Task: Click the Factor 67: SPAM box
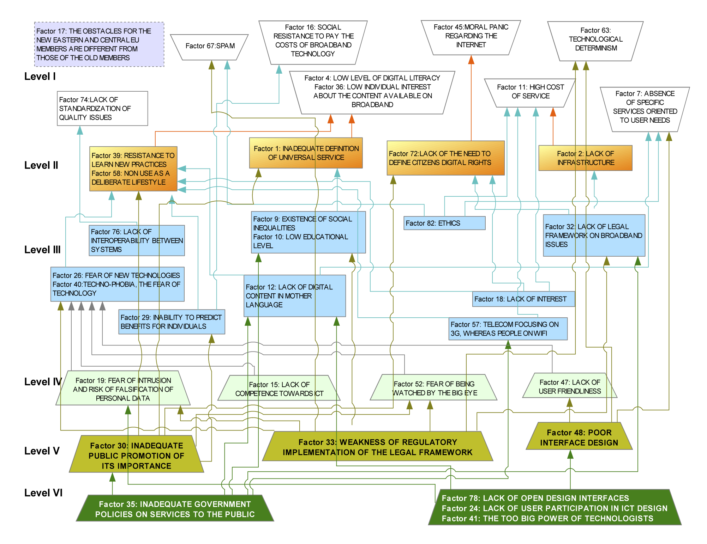[210, 46]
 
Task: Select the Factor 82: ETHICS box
[444, 223]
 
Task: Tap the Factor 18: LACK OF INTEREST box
[523, 299]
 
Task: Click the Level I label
[40, 77]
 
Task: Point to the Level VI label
[43, 493]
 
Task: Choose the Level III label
[42, 250]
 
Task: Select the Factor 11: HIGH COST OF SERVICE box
[530, 92]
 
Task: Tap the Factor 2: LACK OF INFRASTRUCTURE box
[585, 158]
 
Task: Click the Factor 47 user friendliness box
[569, 386]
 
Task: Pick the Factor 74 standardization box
[102, 109]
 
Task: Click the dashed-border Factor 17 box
[99, 44]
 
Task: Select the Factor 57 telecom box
[508, 329]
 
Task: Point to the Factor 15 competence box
[279, 389]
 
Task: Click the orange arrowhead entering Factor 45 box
[471, 60]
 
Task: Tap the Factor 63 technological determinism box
[595, 39]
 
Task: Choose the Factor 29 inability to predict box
[172, 322]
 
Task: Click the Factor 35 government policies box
[175, 509]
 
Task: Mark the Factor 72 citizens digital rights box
[445, 158]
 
